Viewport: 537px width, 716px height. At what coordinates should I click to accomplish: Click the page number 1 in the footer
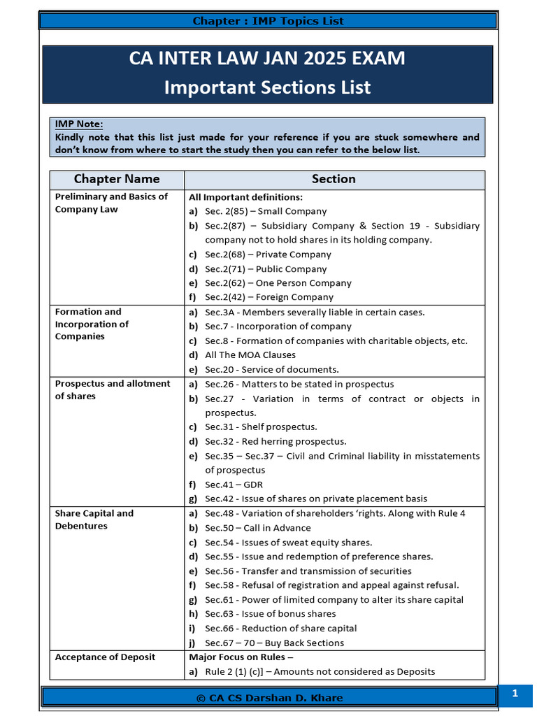click(x=515, y=694)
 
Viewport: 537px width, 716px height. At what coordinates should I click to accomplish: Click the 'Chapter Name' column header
click(x=117, y=179)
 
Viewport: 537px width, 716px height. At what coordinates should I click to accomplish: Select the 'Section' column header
click(x=334, y=179)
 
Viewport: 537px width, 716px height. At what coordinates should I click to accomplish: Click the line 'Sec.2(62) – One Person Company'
click(x=278, y=283)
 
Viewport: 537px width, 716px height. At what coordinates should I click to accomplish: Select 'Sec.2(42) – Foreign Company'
click(x=269, y=297)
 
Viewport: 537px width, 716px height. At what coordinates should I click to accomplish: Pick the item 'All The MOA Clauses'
click(x=250, y=355)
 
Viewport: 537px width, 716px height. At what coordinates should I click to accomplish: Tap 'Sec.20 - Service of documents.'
click(x=271, y=369)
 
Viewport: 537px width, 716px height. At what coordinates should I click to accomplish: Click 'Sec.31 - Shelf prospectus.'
click(x=261, y=427)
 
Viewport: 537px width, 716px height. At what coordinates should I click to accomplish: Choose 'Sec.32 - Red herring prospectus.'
click(x=275, y=441)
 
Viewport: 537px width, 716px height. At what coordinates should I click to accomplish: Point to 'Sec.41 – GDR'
click(x=234, y=485)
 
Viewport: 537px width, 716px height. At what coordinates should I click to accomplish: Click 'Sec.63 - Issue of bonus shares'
click(x=270, y=614)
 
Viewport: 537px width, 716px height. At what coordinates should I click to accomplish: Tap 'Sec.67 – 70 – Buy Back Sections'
click(x=274, y=643)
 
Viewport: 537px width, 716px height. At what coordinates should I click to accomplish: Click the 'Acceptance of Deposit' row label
click(x=105, y=657)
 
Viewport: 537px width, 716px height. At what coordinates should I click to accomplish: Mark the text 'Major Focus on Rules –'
click(x=241, y=657)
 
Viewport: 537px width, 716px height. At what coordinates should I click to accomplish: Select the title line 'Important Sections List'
click(x=267, y=87)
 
